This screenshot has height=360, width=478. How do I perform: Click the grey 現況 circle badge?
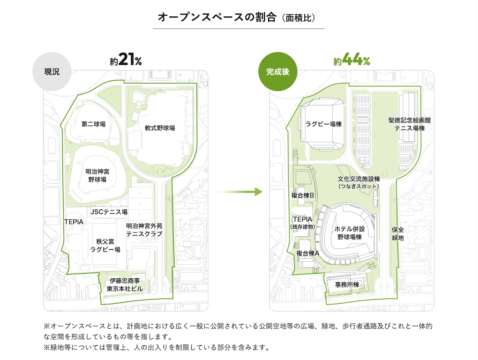(x=52, y=71)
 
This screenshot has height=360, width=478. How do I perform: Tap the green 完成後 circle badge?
(x=278, y=71)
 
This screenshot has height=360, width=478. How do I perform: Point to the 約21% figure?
(x=126, y=59)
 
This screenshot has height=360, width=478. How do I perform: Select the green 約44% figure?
(x=351, y=59)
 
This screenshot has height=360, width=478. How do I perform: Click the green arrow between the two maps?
(x=239, y=192)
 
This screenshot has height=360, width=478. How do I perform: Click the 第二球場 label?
(x=94, y=124)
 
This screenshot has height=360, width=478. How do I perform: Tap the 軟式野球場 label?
(x=160, y=128)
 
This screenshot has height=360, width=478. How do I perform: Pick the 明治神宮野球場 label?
(x=97, y=176)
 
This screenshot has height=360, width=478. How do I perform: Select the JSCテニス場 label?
(x=109, y=212)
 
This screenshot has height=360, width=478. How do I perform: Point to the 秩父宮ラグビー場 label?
(x=105, y=245)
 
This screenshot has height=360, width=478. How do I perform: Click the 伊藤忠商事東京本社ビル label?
(x=125, y=285)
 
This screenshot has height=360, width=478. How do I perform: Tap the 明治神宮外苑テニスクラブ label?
(x=144, y=230)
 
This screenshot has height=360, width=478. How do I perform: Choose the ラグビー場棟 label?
(x=323, y=124)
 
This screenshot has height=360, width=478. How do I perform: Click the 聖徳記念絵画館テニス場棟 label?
(x=409, y=124)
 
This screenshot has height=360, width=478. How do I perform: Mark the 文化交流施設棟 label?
(x=358, y=179)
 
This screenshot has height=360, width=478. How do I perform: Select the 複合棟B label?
(x=303, y=195)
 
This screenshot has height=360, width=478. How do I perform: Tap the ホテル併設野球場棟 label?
(x=349, y=233)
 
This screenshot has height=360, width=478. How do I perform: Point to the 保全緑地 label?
(x=398, y=234)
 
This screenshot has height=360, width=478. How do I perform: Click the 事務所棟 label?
(x=347, y=285)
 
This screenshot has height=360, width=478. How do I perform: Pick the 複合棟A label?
(x=308, y=253)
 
